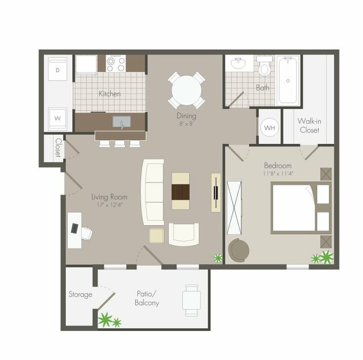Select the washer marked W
tap(57, 118)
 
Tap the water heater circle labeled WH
tap(269, 127)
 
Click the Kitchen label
tap(110, 93)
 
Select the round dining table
tap(186, 90)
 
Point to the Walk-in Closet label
tap(309, 126)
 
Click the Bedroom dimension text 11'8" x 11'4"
tap(278, 173)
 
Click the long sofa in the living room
tap(152, 191)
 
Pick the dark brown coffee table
tap(181, 191)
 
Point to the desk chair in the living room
tap(86, 232)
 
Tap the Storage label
tap(80, 294)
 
